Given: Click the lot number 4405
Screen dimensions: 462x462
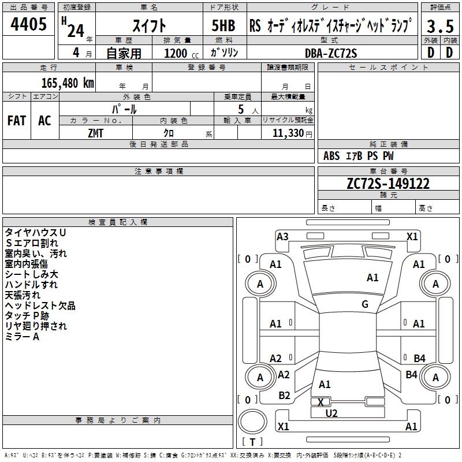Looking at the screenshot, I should (29, 25).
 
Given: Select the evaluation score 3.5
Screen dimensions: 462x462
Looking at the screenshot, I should (440, 27).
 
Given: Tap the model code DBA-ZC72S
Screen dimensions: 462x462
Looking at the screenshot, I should (331, 53).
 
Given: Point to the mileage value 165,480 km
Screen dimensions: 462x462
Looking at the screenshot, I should (68, 83).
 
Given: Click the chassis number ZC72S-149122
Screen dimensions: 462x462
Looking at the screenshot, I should (388, 184).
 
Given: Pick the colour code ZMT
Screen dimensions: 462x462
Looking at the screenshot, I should (96, 133).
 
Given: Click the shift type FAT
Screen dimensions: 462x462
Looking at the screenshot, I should (16, 121).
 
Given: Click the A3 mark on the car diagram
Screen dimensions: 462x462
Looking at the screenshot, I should (282, 236).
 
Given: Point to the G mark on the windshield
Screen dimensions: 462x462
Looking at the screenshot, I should (365, 304).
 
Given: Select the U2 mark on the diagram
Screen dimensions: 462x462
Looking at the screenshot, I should (331, 413).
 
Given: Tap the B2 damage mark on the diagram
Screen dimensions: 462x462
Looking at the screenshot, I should (284, 396).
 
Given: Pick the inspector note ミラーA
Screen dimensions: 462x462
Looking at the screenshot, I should (22, 337).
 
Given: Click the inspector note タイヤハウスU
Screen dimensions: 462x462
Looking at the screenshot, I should (35, 232).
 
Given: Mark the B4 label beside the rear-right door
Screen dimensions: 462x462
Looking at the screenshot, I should (419, 358).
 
